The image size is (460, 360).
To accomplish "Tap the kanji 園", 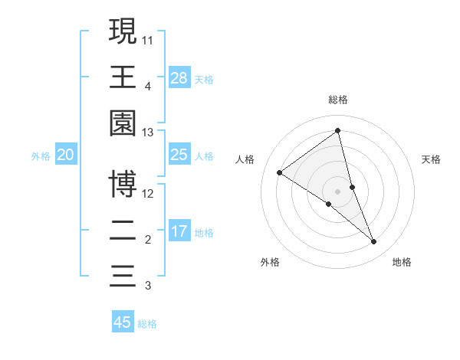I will click(x=123, y=123).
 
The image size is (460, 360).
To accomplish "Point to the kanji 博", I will click(x=123, y=184).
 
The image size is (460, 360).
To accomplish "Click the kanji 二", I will click(x=123, y=230).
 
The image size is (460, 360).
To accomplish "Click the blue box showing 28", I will click(x=179, y=77).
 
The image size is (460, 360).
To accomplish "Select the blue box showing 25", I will click(x=179, y=155).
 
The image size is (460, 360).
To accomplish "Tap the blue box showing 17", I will click(x=179, y=231).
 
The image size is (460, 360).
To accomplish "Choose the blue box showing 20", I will click(x=66, y=155).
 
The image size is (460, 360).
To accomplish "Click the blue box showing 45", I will click(x=123, y=322).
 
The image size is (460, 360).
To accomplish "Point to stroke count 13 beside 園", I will click(x=147, y=133).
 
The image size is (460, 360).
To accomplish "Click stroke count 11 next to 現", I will click(x=147, y=39).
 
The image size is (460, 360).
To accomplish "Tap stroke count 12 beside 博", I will click(x=147, y=193).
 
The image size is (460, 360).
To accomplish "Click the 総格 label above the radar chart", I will click(x=338, y=100).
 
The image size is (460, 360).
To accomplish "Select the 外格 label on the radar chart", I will click(x=270, y=262).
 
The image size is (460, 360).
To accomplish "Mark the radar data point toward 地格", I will click(x=374, y=241).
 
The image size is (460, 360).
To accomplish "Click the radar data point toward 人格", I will click(x=280, y=172).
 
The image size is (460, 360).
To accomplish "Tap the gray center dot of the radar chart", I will click(x=337, y=191).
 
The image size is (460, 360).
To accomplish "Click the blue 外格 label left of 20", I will click(x=41, y=155).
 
